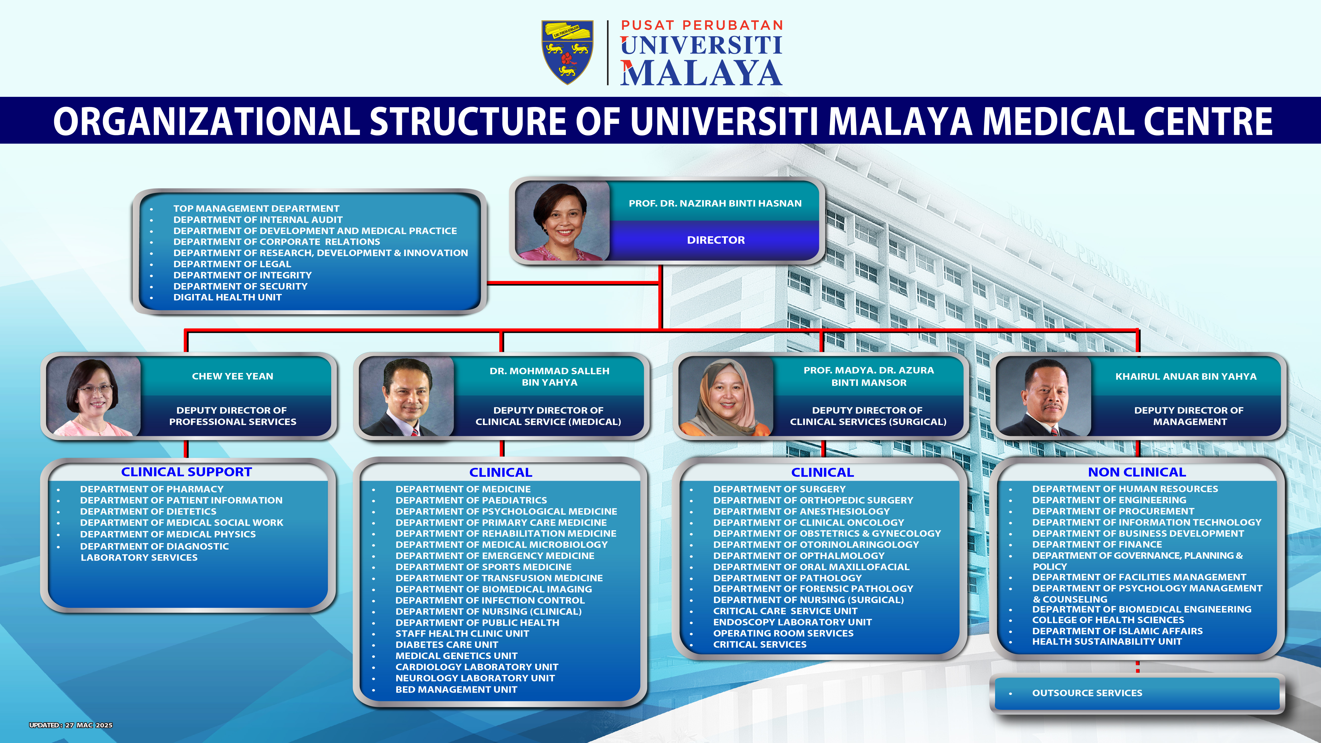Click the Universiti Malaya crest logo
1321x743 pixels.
click(568, 52)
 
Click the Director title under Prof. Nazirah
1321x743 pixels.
click(716, 240)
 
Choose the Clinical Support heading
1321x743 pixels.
click(187, 472)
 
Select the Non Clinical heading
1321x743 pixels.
click(1137, 472)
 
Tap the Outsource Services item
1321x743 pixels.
click(1087, 693)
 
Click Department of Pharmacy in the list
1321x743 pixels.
click(152, 489)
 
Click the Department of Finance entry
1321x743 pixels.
click(1097, 545)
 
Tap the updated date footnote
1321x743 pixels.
click(71, 725)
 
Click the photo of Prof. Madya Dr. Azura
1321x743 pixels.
click(726, 396)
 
